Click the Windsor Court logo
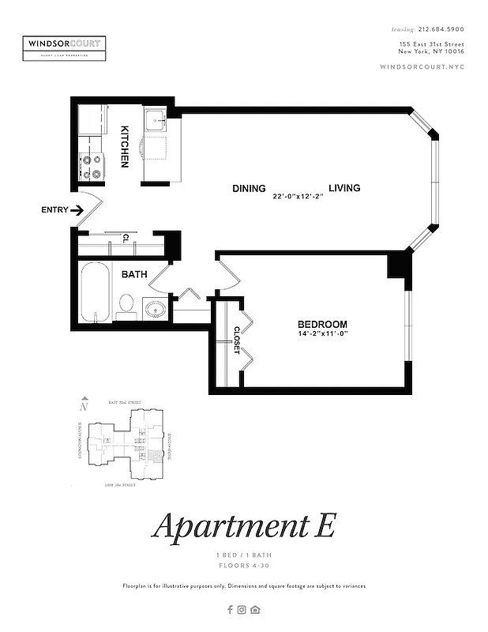pos(65,47)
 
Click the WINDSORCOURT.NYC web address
pos(422,66)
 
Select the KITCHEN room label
pos(125,146)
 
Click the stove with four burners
pos(92,165)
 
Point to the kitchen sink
pos(154,122)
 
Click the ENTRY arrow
pos(78,210)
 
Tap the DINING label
pos(248,189)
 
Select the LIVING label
pos(344,188)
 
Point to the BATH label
pos(133,275)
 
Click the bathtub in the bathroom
pos(96,292)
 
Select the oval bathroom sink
pos(156,308)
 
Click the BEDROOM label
pos(322,325)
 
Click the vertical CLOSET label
pos(236,339)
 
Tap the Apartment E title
pos(244,526)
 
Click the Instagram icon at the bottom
pos(242,609)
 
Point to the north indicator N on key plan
pos(83,408)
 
